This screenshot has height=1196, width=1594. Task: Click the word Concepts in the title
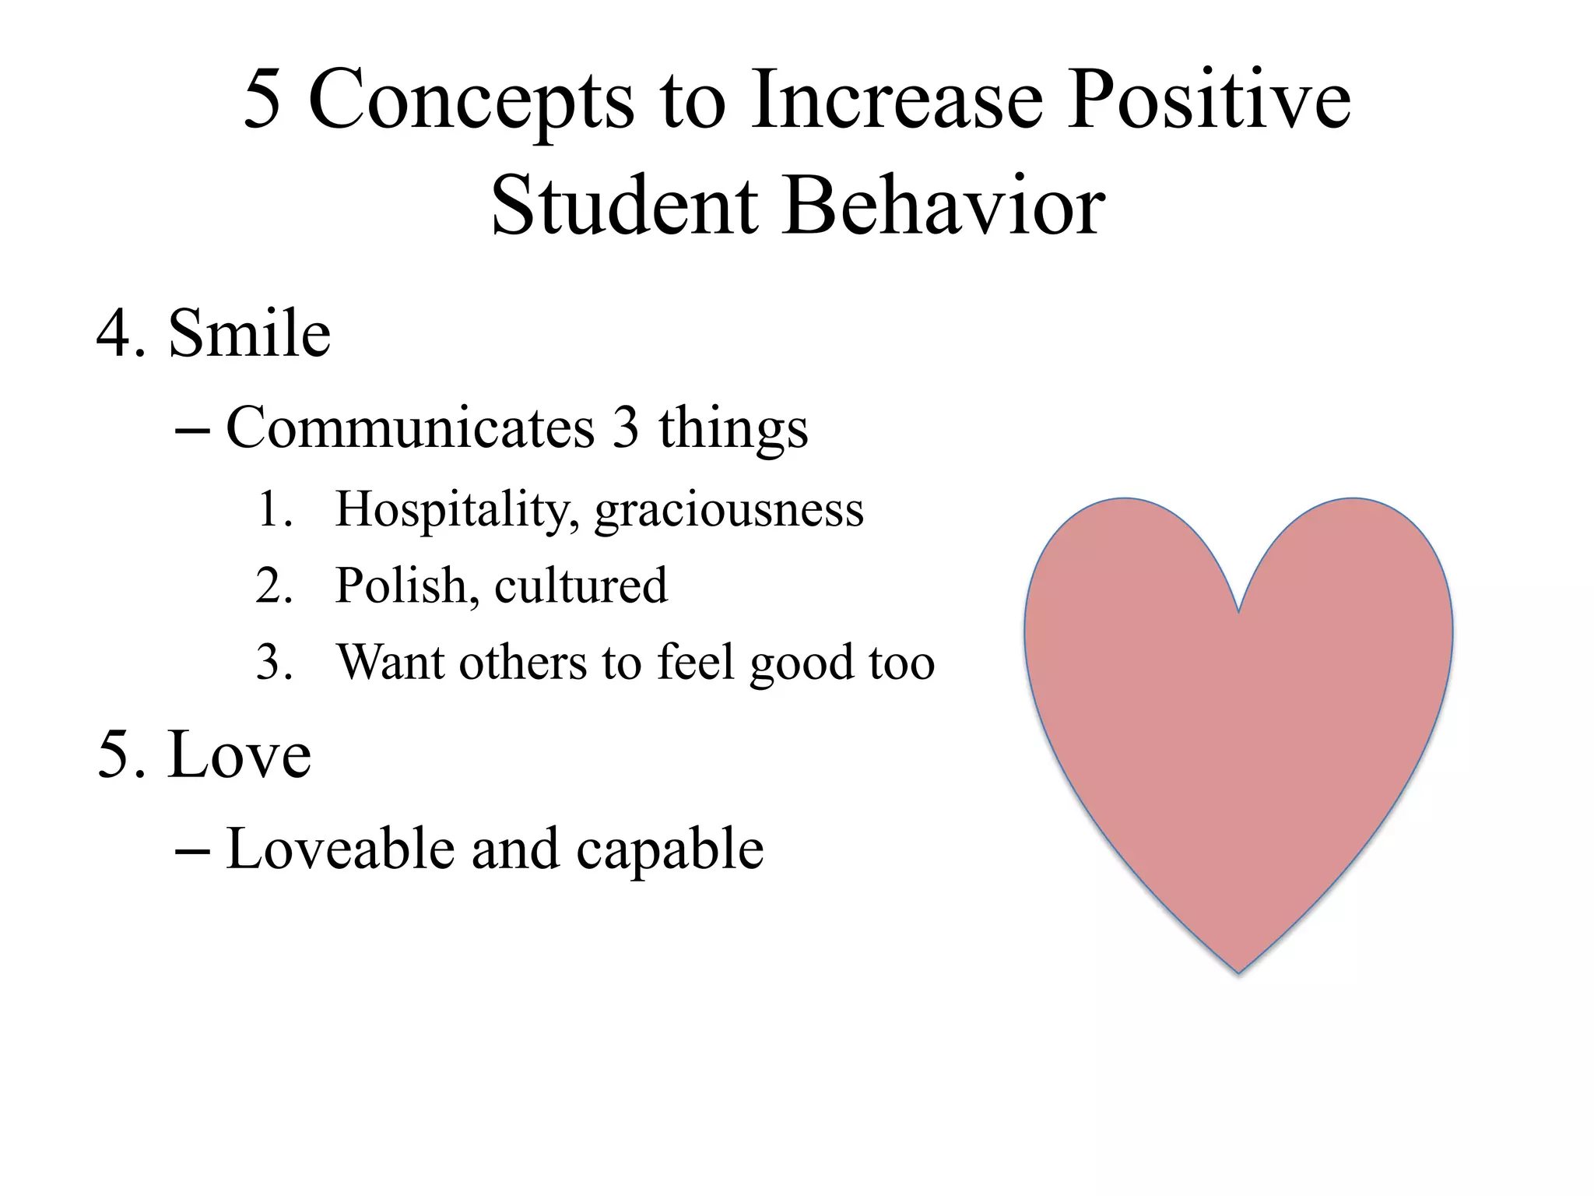(471, 101)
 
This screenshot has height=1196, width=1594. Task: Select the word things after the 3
(733, 428)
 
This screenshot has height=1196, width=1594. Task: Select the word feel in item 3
(696, 662)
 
